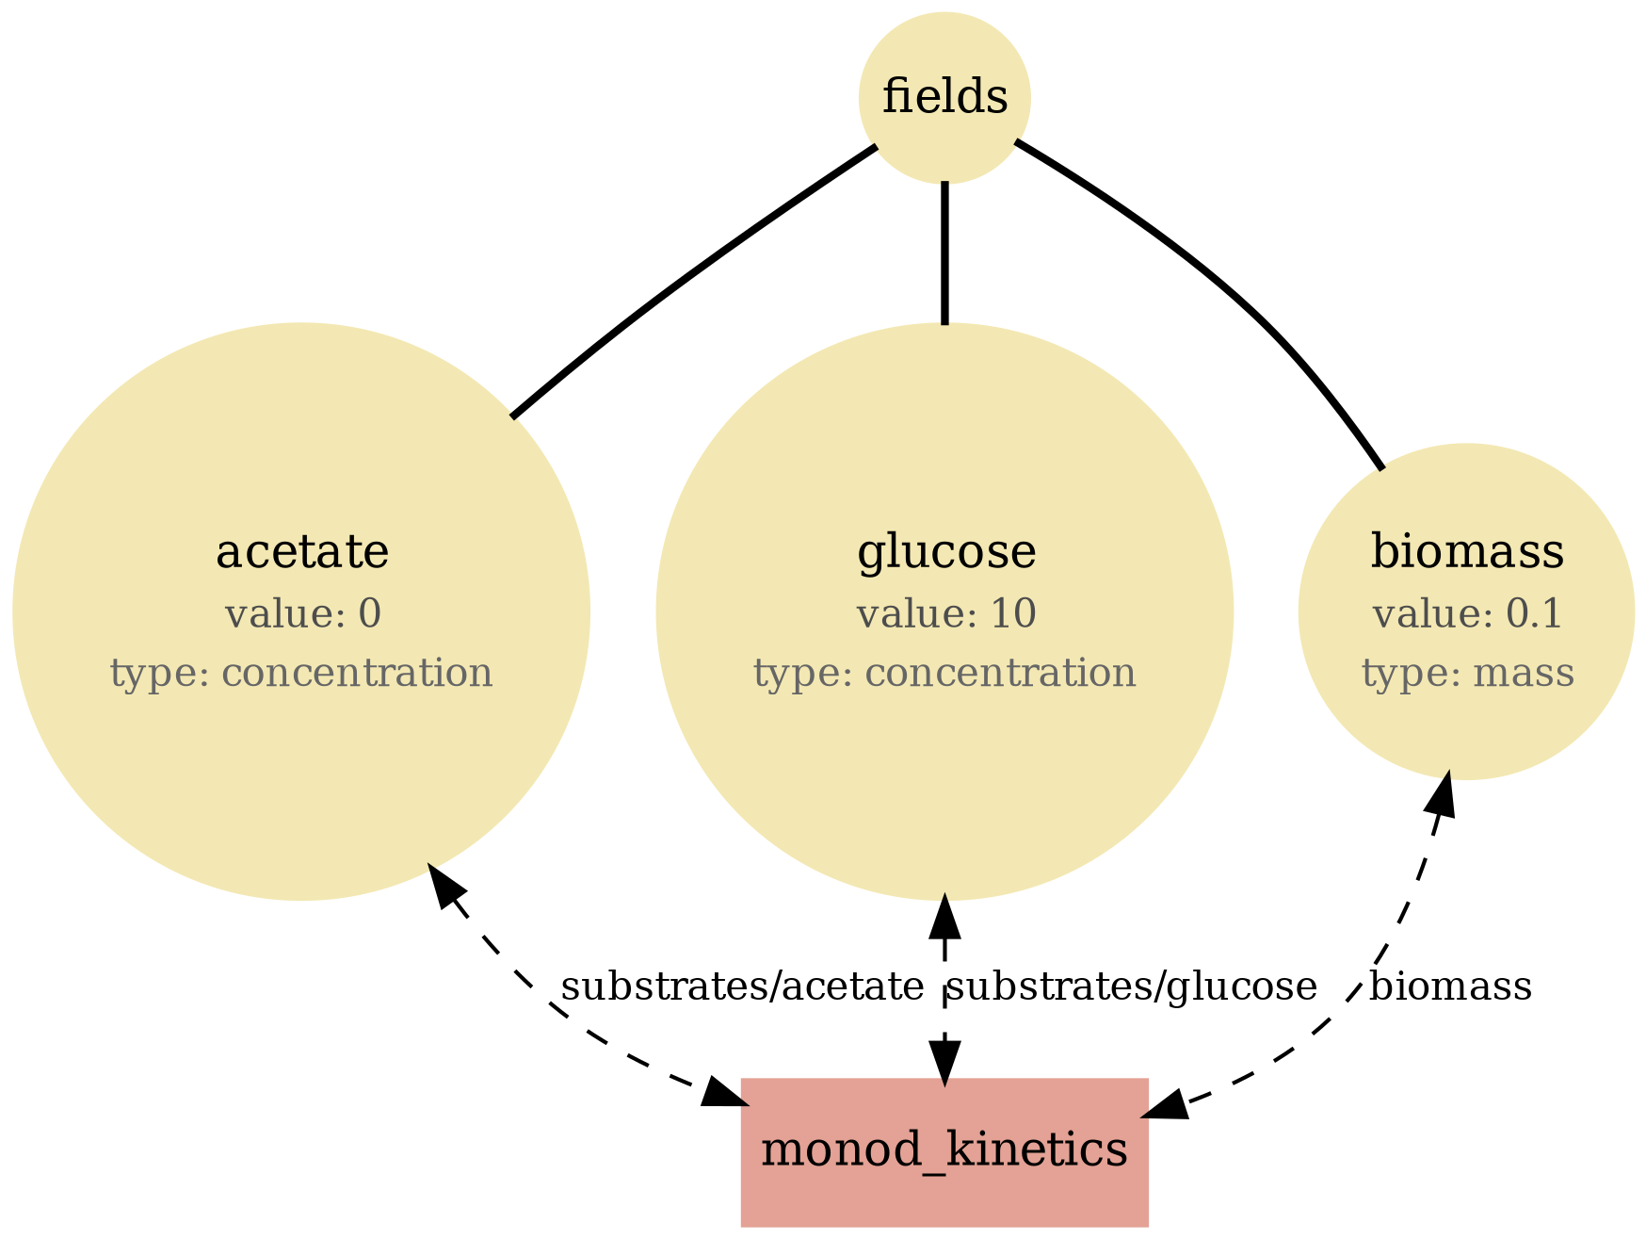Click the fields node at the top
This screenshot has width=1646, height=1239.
click(x=944, y=98)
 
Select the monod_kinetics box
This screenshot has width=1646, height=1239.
click(x=944, y=1150)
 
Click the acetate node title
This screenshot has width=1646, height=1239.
click(x=301, y=552)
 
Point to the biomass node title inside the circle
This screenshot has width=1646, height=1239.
click(x=1466, y=552)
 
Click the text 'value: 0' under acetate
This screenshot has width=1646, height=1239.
click(x=302, y=614)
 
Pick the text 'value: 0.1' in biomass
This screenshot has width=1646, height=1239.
click(x=1466, y=614)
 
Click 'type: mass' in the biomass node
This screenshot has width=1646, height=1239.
click(x=1466, y=674)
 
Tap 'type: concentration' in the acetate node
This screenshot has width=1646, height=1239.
click(x=301, y=674)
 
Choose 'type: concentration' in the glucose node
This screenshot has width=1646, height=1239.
click(x=944, y=674)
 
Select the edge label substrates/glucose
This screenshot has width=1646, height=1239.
click(x=1131, y=986)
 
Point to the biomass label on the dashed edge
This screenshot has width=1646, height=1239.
click(x=1449, y=986)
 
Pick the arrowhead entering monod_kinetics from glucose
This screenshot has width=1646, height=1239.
click(x=944, y=1060)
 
